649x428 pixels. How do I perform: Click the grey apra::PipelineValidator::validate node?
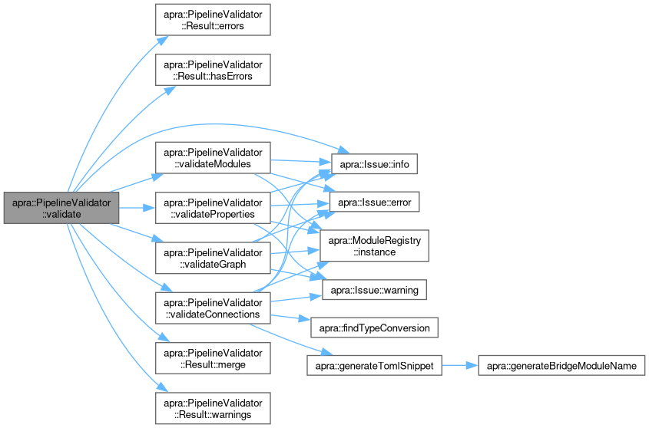61,208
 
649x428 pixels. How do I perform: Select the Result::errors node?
213,18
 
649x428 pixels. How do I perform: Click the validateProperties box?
213,208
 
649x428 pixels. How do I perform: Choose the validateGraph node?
213,258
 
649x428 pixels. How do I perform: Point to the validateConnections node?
213,307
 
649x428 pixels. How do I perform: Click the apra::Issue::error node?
375,201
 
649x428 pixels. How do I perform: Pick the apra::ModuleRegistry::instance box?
375,246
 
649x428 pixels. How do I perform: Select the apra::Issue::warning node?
375,291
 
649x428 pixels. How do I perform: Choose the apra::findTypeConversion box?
375,328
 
